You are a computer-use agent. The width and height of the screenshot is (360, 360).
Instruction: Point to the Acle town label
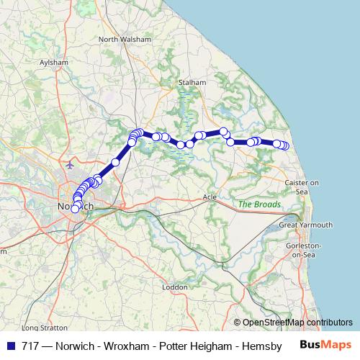tap(210, 196)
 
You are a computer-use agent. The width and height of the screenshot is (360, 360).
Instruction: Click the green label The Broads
tap(259, 204)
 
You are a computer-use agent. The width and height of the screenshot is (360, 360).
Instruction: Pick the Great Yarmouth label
tap(306, 225)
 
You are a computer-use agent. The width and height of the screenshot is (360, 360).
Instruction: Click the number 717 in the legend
tap(30, 345)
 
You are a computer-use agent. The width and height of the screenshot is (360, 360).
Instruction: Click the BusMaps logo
tap(326, 344)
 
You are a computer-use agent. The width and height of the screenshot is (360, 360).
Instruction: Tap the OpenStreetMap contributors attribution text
tap(297, 323)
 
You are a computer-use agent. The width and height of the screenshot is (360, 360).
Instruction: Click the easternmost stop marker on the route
tap(285, 146)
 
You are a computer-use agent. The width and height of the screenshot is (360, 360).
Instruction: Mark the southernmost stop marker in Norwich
tap(75, 209)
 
